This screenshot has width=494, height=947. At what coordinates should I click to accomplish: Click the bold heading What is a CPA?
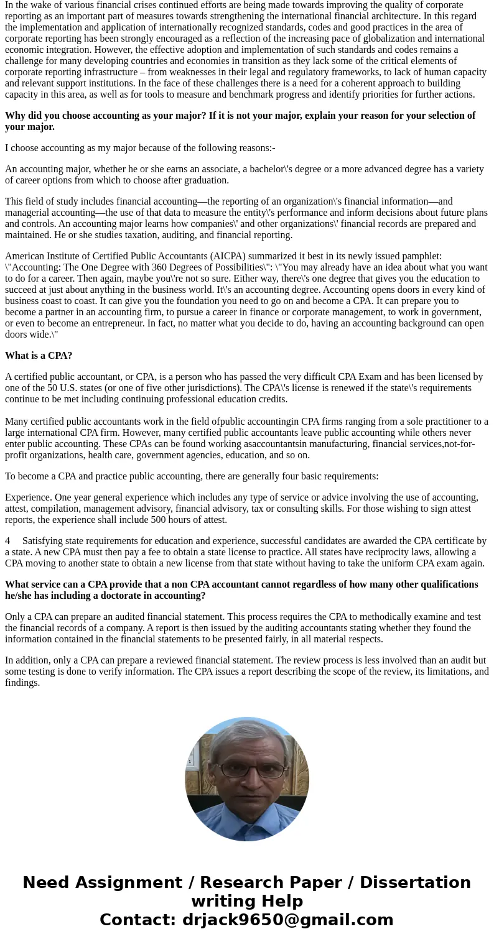[39, 356]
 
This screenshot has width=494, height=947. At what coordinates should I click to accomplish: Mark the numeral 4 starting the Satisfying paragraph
[7, 541]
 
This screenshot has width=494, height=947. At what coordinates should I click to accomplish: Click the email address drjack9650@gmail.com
[287, 920]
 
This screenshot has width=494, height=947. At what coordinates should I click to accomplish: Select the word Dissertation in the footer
[415, 883]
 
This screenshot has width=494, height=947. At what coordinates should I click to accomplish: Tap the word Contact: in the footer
[137, 920]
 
